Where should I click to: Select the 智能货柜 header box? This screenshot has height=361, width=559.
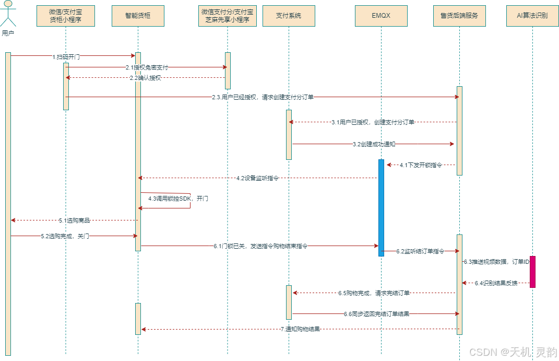tap(138, 16)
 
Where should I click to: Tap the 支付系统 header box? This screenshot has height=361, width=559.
tap(289, 16)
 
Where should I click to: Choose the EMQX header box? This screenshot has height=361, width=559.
tap(381, 16)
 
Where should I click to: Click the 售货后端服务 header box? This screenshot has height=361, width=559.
tap(459, 16)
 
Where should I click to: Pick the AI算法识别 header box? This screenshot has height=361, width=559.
tap(532, 16)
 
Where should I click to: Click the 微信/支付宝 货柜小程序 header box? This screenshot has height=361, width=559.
tap(66, 16)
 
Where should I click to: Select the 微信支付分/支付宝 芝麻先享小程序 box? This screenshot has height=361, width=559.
tap(228, 16)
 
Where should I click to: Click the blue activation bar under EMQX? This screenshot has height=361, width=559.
tap(381, 207)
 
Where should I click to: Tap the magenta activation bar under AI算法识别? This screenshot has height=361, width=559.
tap(532, 272)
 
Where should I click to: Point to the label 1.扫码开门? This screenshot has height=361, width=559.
tap(66, 56)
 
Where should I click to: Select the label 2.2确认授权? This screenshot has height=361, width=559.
tap(145, 78)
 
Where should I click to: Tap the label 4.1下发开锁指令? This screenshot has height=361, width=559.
tap(421, 165)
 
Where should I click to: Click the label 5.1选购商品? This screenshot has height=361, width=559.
tap(74, 220)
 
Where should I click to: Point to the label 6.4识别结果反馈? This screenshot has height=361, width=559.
tap(496, 283)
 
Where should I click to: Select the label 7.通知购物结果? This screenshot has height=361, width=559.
tap(300, 330)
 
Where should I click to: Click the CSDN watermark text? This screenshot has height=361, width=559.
tap(513, 352)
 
